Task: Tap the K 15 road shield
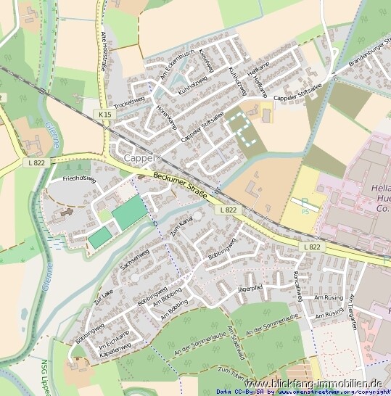click(x=106, y=115)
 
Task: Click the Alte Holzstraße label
click(x=108, y=49)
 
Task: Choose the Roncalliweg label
click(x=297, y=283)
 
